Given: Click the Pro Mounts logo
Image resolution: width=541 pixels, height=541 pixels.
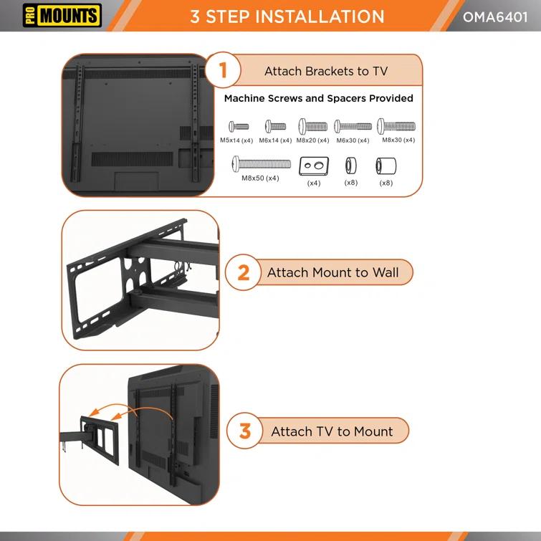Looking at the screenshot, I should tap(62, 14).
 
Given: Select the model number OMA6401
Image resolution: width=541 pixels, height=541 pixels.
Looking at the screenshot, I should tap(494, 16).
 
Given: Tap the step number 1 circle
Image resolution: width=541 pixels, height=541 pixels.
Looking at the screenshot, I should tap(223, 70).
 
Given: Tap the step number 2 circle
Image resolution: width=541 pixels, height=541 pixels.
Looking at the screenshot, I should tap(244, 272).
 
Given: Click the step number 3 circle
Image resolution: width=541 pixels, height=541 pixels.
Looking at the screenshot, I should tap(245, 431).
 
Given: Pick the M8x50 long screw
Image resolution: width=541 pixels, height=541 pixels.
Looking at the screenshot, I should tap(261, 164).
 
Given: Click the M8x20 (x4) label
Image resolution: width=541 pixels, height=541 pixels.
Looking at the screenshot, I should tap(312, 140).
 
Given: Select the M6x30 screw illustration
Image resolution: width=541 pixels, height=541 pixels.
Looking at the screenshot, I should tap(353, 126).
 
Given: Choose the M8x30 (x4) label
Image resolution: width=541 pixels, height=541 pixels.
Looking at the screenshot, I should tap(398, 140).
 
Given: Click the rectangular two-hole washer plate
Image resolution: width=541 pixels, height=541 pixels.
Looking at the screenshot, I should tap(314, 167).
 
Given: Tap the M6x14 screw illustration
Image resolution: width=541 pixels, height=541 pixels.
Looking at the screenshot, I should tap(276, 126).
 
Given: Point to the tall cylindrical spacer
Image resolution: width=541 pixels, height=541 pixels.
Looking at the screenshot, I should tap(386, 168).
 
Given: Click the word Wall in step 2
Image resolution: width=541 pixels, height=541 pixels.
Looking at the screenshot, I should tap(386, 272).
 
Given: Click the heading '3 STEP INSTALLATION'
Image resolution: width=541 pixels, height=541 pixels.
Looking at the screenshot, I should tap(287, 16).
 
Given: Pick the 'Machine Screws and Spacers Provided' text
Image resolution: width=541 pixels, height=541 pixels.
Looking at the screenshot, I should tap(318, 98).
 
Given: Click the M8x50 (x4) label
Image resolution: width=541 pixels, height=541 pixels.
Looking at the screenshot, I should tap(260, 178).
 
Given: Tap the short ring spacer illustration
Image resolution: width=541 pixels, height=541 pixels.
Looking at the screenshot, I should tap(350, 167).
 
